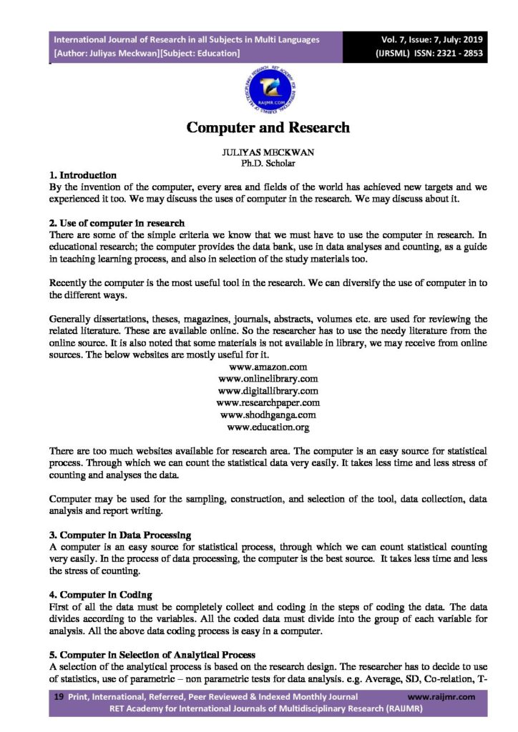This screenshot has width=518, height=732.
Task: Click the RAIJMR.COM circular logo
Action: pos(268,91)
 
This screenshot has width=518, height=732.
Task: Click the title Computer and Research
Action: pos(268,128)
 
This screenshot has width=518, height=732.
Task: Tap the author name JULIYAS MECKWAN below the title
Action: pos(268,153)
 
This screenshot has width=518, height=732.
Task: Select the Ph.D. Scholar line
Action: pos(268,164)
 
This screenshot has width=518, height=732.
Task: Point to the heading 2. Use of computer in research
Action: pos(117,222)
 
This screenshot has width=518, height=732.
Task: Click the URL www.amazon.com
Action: pos(268,367)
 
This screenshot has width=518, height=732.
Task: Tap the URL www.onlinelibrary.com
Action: pos(268,379)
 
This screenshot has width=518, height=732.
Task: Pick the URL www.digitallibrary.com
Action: pos(268,391)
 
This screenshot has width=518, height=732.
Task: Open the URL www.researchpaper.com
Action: pos(268,403)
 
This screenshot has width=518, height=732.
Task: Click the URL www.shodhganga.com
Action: pos(268,415)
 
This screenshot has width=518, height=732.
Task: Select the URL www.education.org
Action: pos(268,427)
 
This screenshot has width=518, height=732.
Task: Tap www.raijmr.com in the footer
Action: pos(441,696)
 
